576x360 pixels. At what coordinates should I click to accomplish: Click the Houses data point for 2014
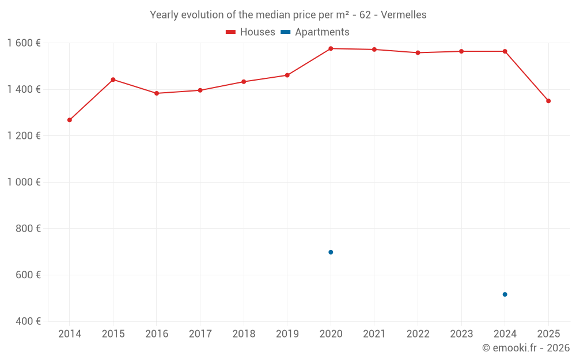tap(70, 120)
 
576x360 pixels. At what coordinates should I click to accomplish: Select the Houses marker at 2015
tap(113, 79)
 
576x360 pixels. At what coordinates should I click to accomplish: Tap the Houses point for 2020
tap(331, 48)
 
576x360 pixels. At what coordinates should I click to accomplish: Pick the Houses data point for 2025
tap(548, 101)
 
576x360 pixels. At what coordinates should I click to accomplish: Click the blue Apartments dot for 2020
tap(331, 252)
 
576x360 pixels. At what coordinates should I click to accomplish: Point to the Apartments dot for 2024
tap(505, 294)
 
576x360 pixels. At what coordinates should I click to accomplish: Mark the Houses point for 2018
tap(244, 82)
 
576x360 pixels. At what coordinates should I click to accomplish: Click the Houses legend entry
tap(251, 32)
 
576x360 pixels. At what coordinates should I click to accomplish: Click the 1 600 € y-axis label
tap(24, 43)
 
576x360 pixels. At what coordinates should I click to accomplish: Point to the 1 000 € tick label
tap(24, 182)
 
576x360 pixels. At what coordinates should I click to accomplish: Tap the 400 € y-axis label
tap(28, 321)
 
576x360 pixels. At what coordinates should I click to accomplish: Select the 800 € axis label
tap(28, 229)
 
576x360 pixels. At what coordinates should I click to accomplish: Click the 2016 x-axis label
tap(157, 334)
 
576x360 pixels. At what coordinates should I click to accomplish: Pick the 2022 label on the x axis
tap(418, 334)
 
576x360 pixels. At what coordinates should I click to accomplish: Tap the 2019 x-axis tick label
tap(287, 334)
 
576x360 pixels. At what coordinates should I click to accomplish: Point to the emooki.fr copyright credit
tap(526, 348)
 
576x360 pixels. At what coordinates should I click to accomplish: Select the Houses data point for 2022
tap(418, 52)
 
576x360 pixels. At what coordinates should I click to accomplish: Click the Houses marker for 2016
tap(157, 93)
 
